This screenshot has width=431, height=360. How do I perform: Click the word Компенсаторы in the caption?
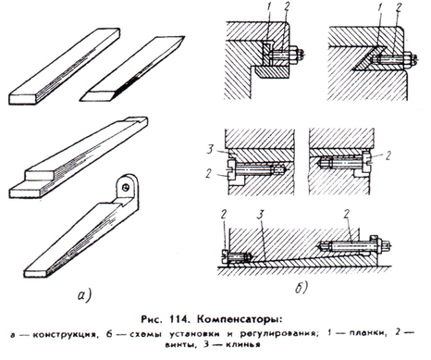pyautogui.click(x=239, y=320)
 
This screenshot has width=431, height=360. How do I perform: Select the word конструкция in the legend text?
pyautogui.click(x=66, y=334)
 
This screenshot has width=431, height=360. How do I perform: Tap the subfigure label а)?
pyautogui.click(x=84, y=295)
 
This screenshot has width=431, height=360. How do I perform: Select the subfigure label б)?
pyautogui.click(x=302, y=288)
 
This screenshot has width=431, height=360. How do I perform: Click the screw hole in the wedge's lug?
pyautogui.click(x=126, y=187)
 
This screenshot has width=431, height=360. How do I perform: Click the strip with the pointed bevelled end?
pyautogui.click(x=132, y=68)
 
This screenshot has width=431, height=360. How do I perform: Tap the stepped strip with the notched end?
pyautogui.click(x=79, y=156)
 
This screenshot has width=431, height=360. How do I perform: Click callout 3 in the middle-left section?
pyautogui.click(x=210, y=150)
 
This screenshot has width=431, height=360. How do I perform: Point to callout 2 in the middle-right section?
pyautogui.click(x=388, y=155)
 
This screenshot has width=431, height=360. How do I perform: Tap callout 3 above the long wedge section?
pyautogui.click(x=261, y=215)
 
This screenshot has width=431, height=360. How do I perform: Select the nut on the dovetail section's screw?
pyautogui.click(x=408, y=58)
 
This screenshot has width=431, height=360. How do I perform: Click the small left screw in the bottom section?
pyautogui.click(x=236, y=257)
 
